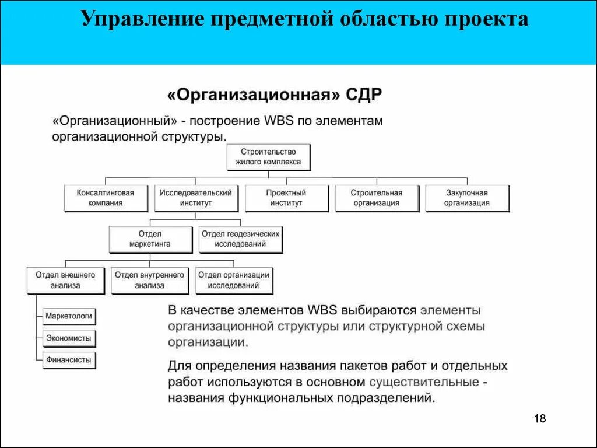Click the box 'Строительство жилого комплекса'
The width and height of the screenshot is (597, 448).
[268, 157]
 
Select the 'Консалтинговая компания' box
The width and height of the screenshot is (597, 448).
[106, 198]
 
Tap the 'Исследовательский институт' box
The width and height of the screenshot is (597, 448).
[196, 198]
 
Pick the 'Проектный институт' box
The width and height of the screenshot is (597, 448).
[286, 198]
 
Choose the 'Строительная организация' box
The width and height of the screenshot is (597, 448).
[377, 198]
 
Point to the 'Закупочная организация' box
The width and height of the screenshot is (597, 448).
[467, 198]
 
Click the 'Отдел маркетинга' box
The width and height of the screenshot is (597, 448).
[150, 239]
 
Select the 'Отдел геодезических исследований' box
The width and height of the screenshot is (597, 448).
[240, 239]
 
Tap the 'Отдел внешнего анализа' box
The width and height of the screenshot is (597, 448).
[65, 280]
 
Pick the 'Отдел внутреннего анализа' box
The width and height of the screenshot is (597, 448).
[150, 280]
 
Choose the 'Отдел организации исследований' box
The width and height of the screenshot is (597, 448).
[233, 280]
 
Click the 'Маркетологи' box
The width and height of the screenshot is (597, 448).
[69, 316]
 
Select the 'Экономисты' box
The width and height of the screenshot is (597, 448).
[69, 338]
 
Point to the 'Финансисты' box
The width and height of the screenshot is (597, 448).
[69, 360]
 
